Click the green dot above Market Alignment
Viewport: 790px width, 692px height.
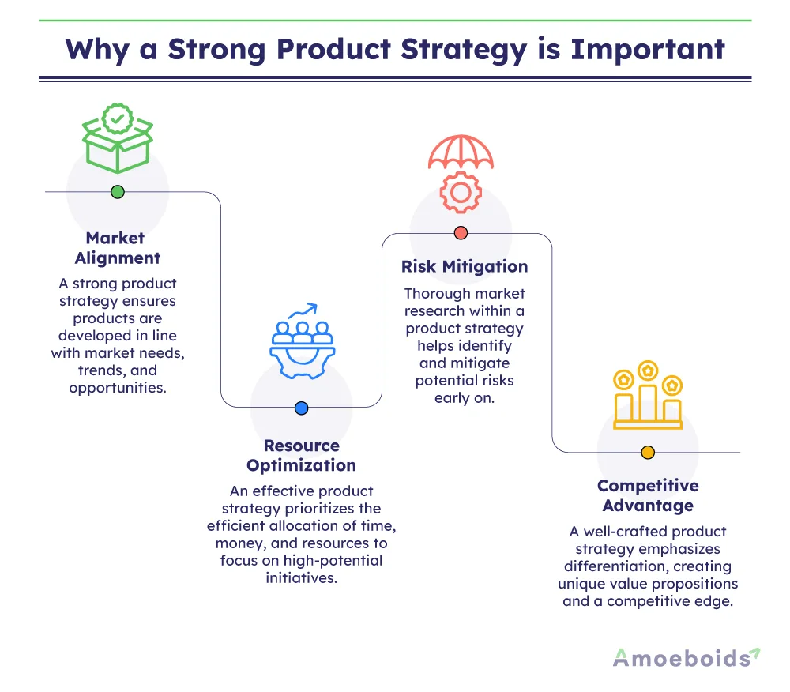pos(118,191)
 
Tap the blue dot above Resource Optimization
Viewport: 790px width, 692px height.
pos(301,408)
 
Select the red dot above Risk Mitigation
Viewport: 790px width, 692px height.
pos(461,233)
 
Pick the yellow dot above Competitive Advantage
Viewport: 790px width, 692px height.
pos(648,453)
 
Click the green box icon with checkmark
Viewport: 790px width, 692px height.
pos(118,139)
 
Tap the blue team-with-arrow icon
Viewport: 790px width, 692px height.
pos(301,340)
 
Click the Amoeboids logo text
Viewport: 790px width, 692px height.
pos(680,658)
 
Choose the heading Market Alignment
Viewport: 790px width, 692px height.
pos(117,248)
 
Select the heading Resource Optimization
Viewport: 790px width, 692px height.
pos(301,456)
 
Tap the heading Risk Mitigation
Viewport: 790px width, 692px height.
pos(465,266)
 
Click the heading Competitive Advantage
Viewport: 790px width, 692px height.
pos(647,495)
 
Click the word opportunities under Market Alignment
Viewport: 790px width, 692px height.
pos(118,388)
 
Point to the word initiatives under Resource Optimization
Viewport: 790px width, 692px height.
pos(301,577)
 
